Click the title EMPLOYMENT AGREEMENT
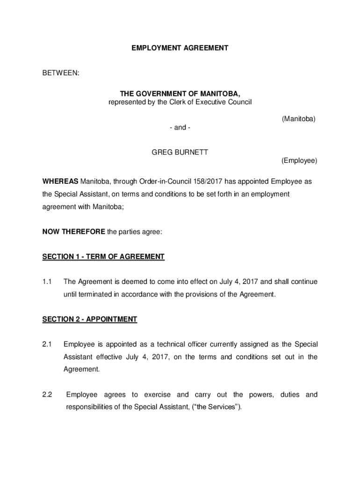(180, 48)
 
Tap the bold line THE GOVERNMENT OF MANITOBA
(180, 94)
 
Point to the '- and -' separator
(180, 127)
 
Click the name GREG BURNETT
(180, 152)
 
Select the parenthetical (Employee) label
(299, 161)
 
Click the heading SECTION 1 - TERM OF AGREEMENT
(103, 256)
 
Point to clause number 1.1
(46, 282)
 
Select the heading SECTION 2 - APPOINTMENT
(90, 319)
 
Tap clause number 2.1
(46, 344)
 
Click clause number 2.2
(46, 395)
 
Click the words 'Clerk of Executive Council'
(207, 102)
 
